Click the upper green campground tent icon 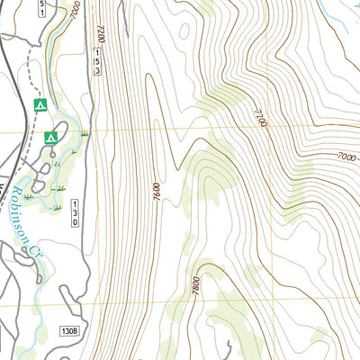(39, 105)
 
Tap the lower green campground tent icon (51, 137)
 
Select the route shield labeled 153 (96, 60)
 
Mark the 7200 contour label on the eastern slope (260, 117)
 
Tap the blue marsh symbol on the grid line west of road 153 (83, 132)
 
